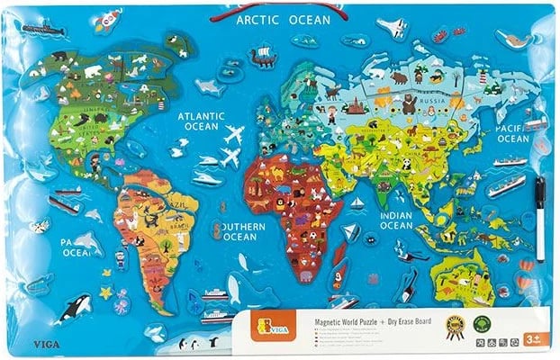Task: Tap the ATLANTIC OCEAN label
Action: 202,121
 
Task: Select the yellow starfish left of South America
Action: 106,293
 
